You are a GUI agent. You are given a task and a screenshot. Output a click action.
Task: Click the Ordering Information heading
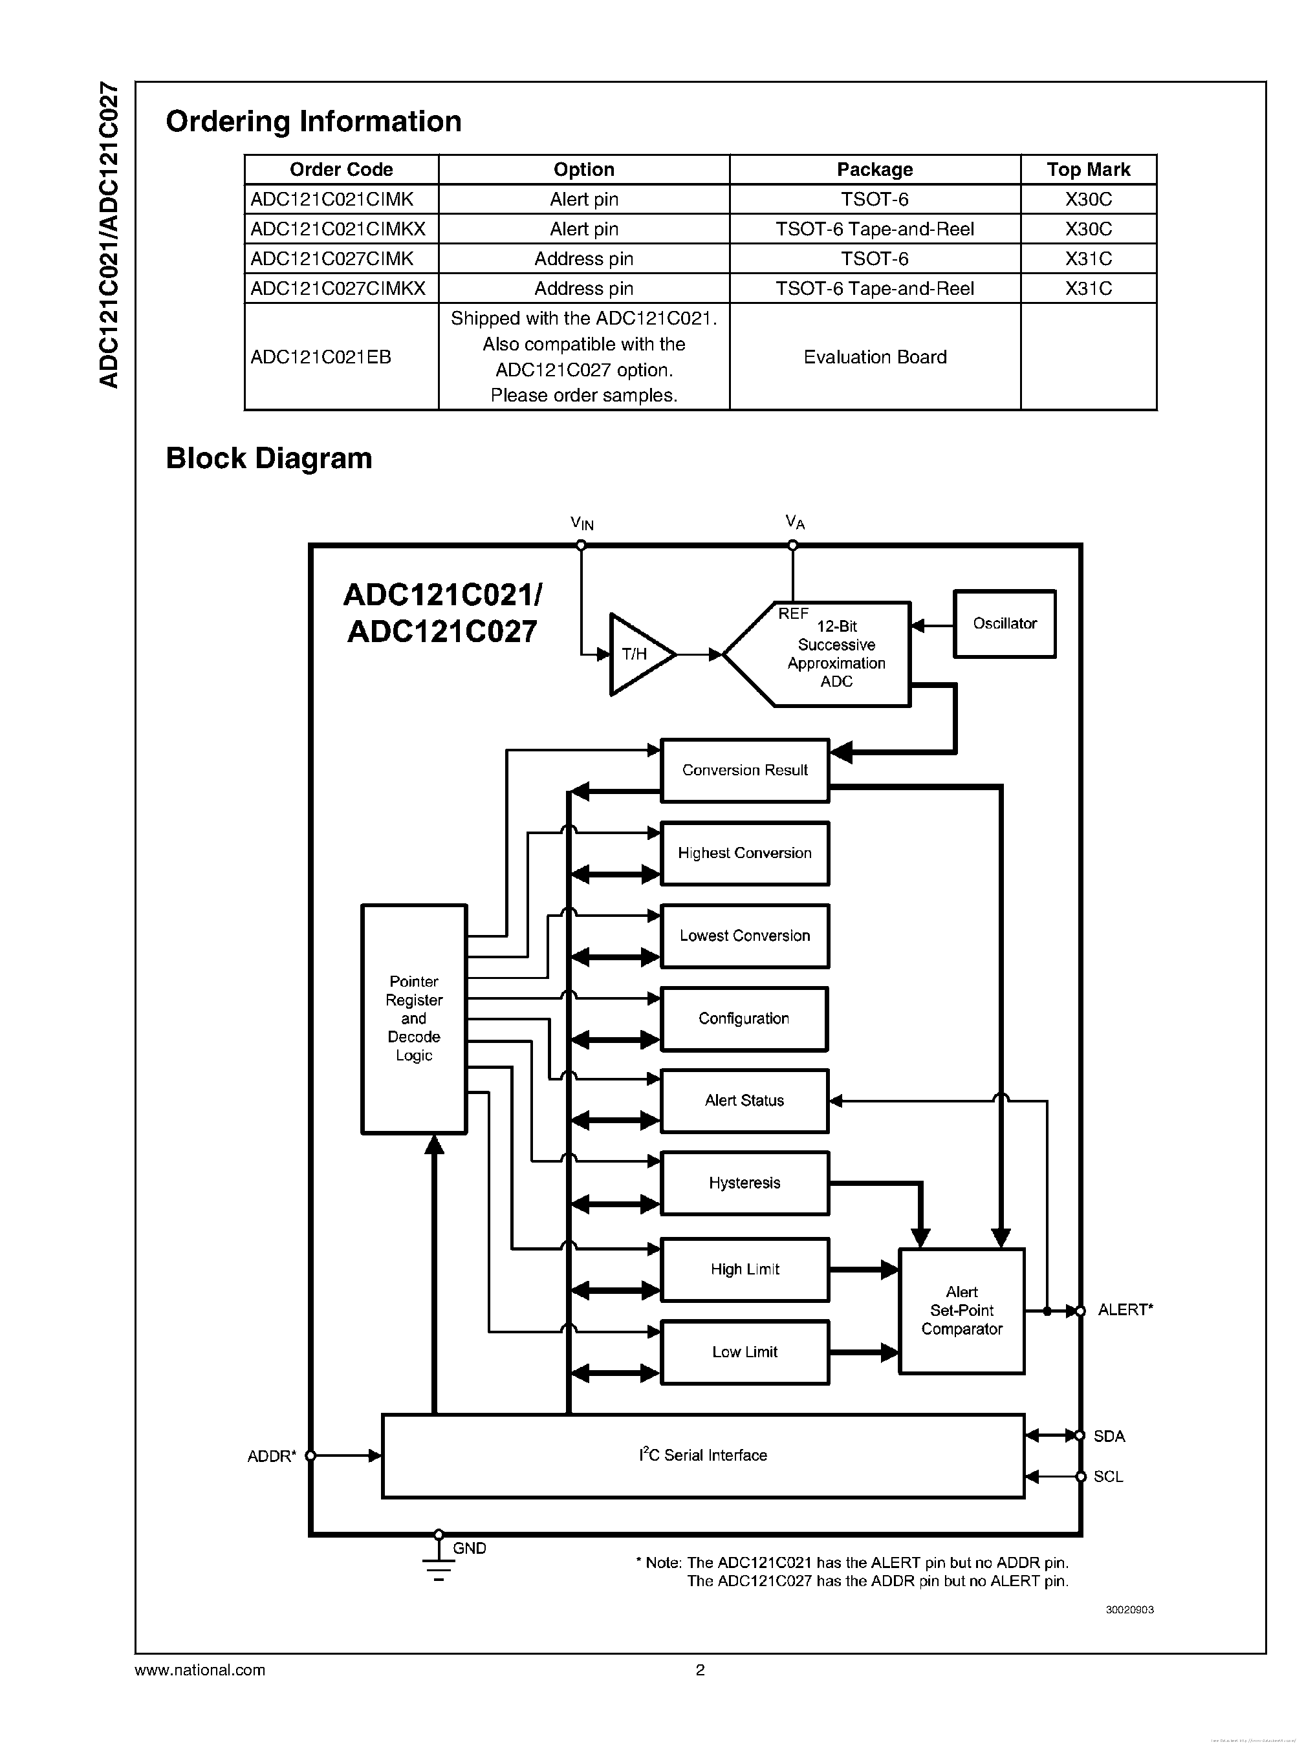[313, 122]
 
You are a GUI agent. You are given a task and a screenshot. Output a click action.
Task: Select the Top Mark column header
[1087, 169]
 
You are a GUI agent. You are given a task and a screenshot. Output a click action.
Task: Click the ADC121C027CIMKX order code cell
[338, 288]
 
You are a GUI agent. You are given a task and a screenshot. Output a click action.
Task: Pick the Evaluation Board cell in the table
[874, 356]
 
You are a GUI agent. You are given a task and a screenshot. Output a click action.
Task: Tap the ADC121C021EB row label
[321, 356]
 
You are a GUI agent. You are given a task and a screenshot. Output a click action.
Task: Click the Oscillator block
[1004, 624]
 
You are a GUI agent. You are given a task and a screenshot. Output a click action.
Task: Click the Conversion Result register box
[744, 769]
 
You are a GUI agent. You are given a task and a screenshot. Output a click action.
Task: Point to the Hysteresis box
[744, 1183]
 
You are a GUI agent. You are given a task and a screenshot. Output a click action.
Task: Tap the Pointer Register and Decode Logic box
[413, 1018]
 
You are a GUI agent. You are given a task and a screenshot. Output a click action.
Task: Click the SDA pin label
[1108, 1435]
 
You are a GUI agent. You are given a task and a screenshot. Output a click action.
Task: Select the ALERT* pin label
[1124, 1310]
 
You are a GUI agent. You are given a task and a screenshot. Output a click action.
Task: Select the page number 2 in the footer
[700, 1670]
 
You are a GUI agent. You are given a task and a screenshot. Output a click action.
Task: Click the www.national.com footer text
[200, 1670]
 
